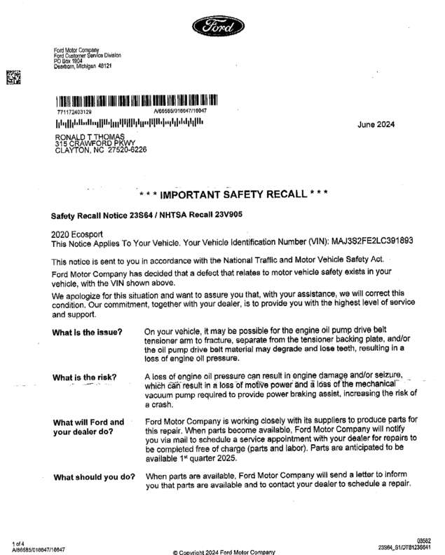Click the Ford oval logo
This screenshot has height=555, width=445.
(222, 27)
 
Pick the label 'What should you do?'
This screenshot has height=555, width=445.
(94, 477)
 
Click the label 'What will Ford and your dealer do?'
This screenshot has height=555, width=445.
(88, 427)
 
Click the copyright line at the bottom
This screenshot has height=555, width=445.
(224, 551)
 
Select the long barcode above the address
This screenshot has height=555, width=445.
(137, 100)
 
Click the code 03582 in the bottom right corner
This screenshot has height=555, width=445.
(423, 540)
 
